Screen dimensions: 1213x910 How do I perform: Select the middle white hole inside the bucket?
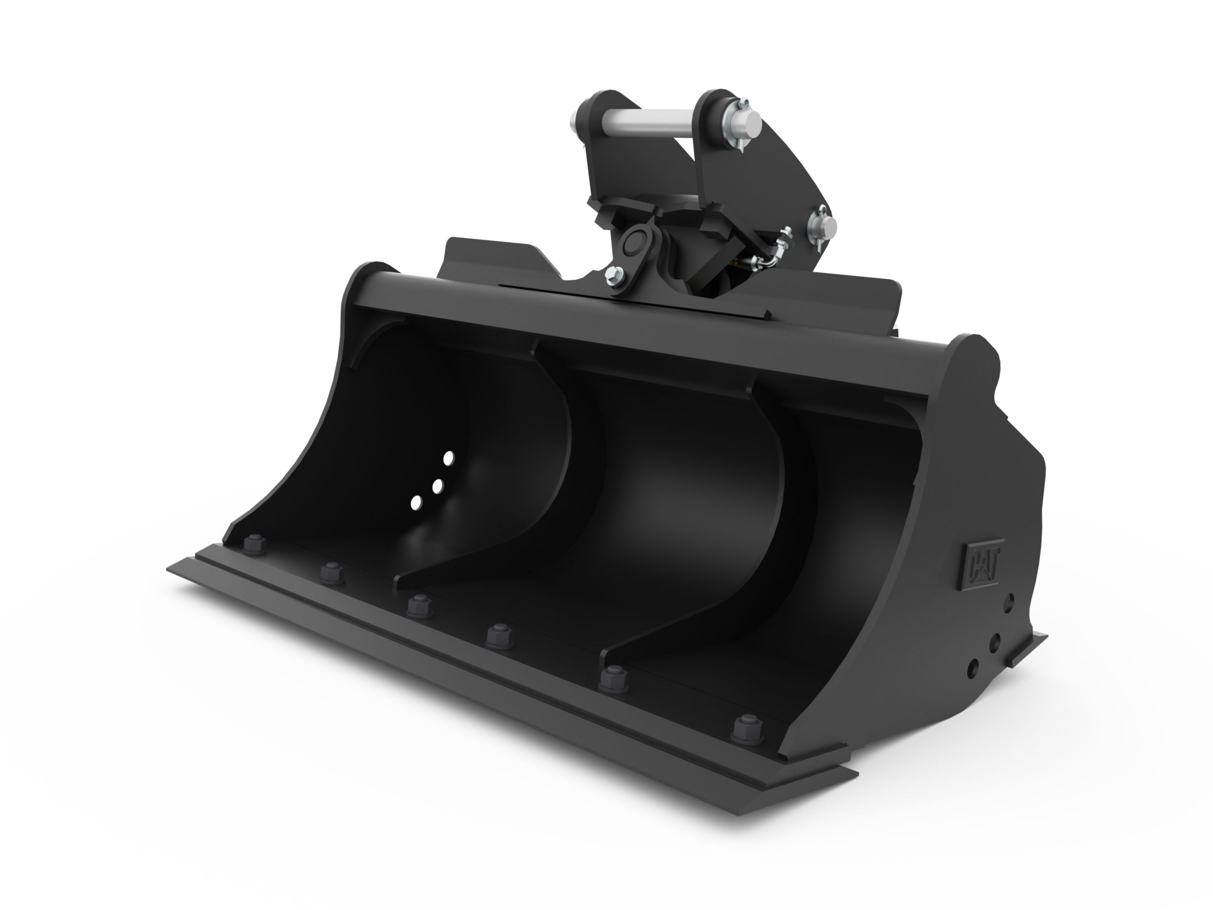click(x=437, y=486)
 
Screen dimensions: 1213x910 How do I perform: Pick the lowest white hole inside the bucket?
click(x=417, y=501)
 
